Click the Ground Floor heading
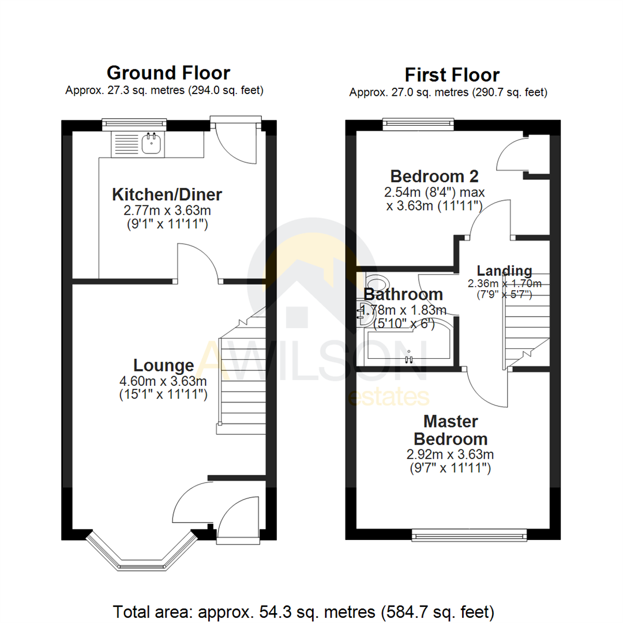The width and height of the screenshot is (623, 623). click(x=168, y=73)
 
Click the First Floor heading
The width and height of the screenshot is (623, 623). click(x=452, y=75)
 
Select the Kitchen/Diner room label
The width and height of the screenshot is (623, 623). click(x=167, y=194)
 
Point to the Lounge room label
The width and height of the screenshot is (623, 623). click(x=163, y=365)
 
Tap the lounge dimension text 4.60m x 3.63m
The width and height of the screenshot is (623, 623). click(x=163, y=381)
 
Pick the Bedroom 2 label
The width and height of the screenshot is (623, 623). click(x=434, y=176)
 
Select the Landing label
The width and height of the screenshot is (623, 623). click(x=504, y=271)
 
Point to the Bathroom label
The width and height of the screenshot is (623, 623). click(x=403, y=294)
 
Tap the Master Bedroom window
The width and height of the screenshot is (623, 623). click(x=470, y=536)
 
